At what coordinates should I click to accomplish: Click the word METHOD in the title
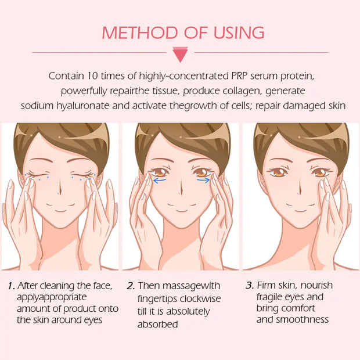coord(140,33)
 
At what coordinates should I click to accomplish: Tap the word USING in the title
coord(239,33)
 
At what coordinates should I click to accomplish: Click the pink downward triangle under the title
coord(180,55)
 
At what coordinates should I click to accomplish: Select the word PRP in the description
coord(239,75)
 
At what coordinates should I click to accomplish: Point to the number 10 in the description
coord(92,75)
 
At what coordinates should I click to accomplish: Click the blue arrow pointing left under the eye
coord(160,181)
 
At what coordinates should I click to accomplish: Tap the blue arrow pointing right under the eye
coord(203,180)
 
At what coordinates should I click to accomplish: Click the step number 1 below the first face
coord(11,286)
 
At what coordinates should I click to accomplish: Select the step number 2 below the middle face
coord(131,286)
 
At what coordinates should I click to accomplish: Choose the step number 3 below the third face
coord(250,285)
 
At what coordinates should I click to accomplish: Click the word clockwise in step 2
coord(200,298)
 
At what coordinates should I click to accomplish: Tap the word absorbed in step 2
coord(157,325)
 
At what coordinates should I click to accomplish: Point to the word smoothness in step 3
coord(303,319)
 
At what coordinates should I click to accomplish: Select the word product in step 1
coord(79,309)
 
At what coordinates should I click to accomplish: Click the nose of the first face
coord(60,189)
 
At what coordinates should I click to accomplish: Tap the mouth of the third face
coord(300,210)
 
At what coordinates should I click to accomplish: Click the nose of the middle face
coord(181,189)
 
